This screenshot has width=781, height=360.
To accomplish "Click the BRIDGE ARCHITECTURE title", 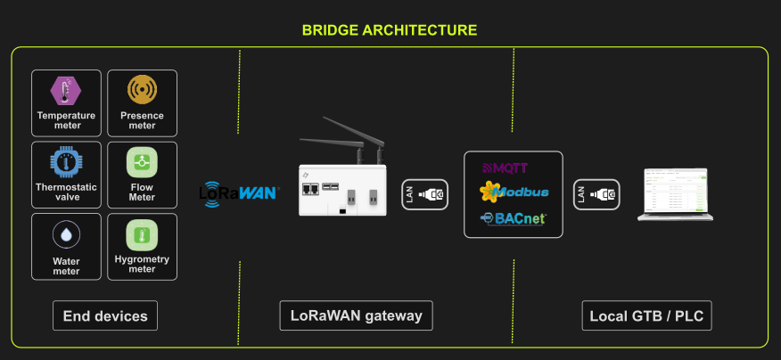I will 390,29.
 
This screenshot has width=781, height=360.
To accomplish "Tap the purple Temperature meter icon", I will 66,90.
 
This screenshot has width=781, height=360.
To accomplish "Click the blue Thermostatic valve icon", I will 66,161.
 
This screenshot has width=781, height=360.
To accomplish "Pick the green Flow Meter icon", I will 142,161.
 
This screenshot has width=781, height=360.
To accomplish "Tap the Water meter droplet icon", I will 66,234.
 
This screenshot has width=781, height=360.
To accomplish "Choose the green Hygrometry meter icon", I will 142,234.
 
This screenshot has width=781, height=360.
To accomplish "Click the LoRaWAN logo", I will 238,192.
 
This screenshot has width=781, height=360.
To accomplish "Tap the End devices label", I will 105,315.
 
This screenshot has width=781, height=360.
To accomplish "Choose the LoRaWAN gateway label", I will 357,315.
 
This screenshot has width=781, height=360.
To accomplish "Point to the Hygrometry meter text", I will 142,265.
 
